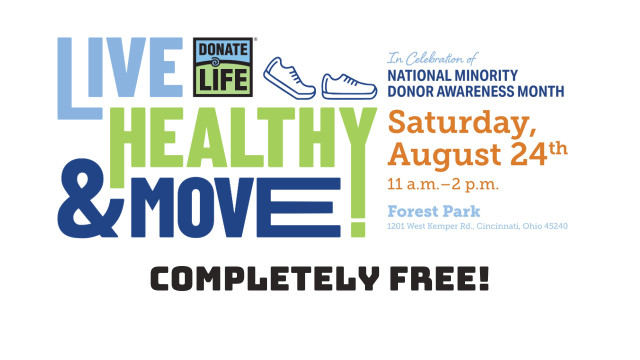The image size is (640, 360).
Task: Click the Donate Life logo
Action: coord(222,67)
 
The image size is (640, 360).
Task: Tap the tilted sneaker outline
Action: coord(289,78)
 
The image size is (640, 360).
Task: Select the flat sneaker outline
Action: coord(349,87)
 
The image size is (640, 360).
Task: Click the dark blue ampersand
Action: coord(90,198)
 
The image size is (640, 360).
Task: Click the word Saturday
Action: coord(461,123)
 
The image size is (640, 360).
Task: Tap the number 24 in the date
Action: coord(528,154)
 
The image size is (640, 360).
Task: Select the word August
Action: coord(444,156)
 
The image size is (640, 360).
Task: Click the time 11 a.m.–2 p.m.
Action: coord(443,184)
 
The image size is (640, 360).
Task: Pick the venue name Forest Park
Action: coord(433,211)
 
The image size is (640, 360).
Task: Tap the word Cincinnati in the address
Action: coord(498,226)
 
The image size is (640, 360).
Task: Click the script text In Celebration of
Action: coord(432,58)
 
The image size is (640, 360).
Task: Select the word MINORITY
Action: coord(486,75)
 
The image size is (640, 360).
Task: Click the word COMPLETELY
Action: coord(265,278)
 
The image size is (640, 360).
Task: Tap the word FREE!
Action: coord(439,278)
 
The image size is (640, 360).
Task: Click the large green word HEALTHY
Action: coord(243,137)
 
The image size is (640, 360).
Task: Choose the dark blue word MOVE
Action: coord(235,207)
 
